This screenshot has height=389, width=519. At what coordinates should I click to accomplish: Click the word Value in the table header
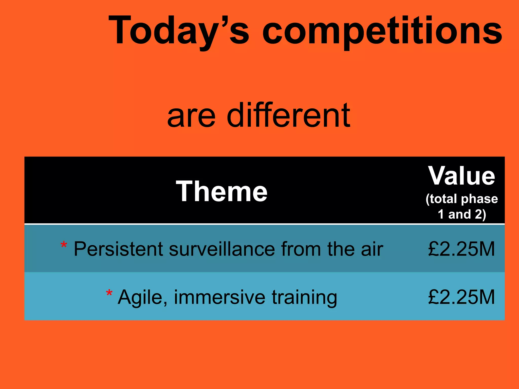(x=461, y=176)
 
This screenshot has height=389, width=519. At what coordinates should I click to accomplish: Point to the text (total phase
(x=461, y=199)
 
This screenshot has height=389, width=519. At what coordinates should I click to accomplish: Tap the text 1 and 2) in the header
(x=461, y=214)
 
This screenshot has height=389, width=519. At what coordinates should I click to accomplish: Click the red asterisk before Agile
(x=109, y=293)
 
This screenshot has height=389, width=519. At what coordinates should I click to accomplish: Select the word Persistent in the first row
(x=118, y=249)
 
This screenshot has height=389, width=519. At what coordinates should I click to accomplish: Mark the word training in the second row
(x=304, y=297)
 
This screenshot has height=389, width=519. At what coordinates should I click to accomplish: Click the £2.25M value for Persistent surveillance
(x=461, y=249)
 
